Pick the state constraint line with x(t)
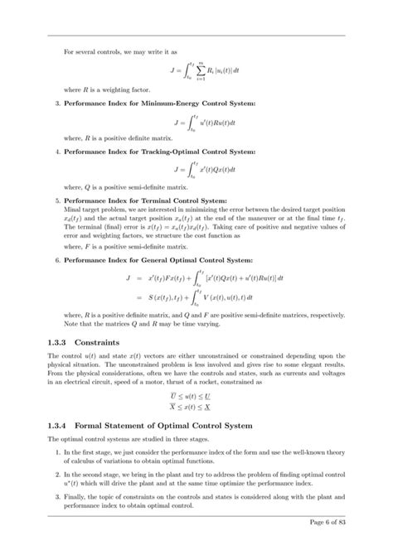196,408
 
